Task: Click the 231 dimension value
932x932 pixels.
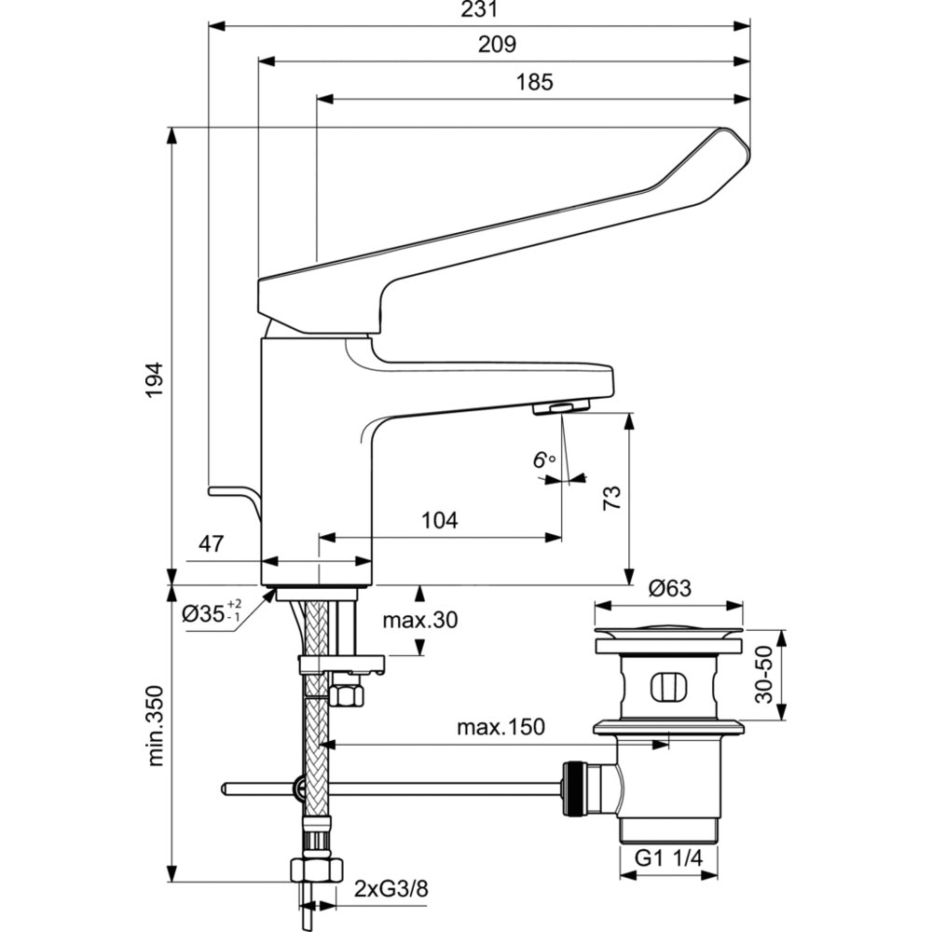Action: click(479, 9)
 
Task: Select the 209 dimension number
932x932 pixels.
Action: click(497, 45)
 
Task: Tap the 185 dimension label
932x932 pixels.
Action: click(534, 82)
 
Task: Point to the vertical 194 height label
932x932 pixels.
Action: click(155, 380)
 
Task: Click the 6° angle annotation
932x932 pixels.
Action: click(543, 459)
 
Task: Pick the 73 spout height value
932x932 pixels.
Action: click(611, 498)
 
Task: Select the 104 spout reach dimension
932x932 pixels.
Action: click(439, 521)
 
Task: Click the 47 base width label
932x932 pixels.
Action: click(211, 543)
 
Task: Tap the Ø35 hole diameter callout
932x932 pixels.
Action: click(212, 612)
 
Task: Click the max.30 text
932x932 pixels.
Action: click(420, 621)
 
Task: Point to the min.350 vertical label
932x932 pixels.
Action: click(155, 726)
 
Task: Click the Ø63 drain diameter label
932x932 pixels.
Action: click(670, 588)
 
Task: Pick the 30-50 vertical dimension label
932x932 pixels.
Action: click(764, 675)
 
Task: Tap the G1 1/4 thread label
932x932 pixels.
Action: click(668, 857)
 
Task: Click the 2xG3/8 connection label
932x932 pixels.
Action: click(391, 890)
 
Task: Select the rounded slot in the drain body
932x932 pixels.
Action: click(669, 687)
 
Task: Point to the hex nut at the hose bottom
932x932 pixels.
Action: click(316, 870)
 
